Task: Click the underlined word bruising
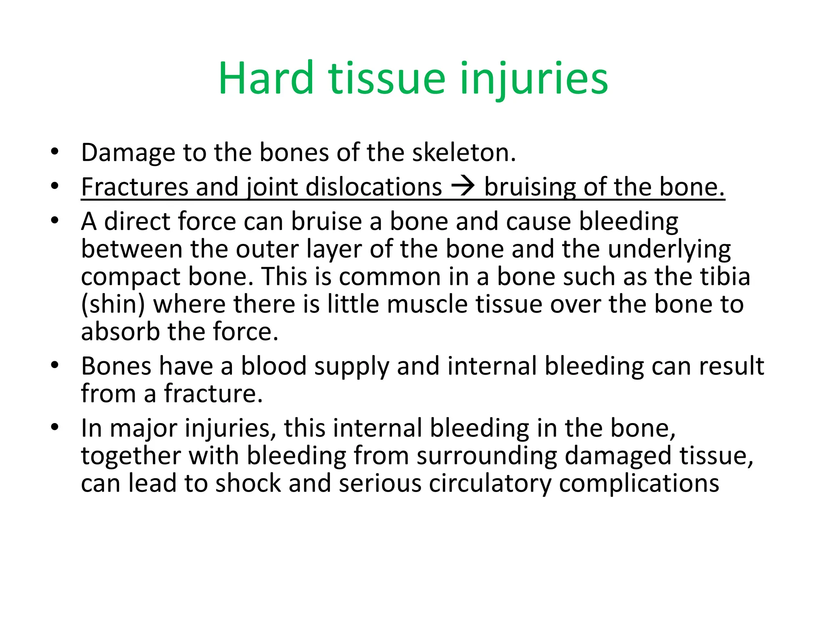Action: point(530,187)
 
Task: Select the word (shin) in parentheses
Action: point(113,304)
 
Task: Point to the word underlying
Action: point(670,249)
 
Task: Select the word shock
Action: point(248,483)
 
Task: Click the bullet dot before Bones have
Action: point(55,366)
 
